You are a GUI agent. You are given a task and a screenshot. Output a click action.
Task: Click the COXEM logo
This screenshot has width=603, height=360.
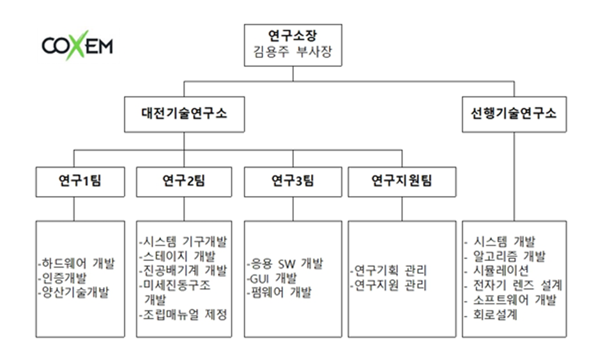(x=77, y=45)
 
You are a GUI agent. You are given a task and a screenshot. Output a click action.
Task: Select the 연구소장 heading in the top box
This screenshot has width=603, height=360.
(x=293, y=36)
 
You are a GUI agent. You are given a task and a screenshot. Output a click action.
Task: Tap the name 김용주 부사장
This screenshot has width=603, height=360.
(x=293, y=52)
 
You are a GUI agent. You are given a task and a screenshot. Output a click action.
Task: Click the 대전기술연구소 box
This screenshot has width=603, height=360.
(x=184, y=114)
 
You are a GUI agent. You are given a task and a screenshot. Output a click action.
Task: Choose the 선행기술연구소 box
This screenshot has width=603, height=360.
(x=514, y=114)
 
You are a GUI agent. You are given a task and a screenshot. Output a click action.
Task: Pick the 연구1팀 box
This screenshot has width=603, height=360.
(x=80, y=182)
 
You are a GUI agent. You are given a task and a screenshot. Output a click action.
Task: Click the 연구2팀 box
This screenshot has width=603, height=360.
(x=184, y=182)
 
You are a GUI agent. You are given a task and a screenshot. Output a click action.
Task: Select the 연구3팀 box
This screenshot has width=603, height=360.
(x=293, y=182)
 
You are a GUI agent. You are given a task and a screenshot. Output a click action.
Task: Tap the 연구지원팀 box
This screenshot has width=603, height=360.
(x=402, y=182)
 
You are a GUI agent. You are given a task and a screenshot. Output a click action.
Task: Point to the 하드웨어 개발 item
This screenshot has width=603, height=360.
(x=77, y=264)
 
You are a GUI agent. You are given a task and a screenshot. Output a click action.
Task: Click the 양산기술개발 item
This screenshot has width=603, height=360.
(x=74, y=292)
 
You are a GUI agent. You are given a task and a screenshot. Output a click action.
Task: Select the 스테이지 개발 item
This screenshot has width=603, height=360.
(x=178, y=256)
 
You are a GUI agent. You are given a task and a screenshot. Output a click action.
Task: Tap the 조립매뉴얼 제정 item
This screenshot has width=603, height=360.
(x=183, y=315)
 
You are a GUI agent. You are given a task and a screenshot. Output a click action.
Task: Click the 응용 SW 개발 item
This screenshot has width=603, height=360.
(x=285, y=264)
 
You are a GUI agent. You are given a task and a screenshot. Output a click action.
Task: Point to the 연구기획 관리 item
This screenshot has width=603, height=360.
(x=389, y=271)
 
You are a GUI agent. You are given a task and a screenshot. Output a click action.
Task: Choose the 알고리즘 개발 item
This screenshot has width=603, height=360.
(x=505, y=256)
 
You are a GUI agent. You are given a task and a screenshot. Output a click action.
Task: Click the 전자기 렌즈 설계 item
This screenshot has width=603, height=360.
(x=514, y=285)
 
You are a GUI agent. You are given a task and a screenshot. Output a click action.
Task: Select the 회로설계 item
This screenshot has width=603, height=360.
(x=491, y=315)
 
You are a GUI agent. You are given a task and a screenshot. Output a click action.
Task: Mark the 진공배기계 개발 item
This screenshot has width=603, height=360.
(x=183, y=271)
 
